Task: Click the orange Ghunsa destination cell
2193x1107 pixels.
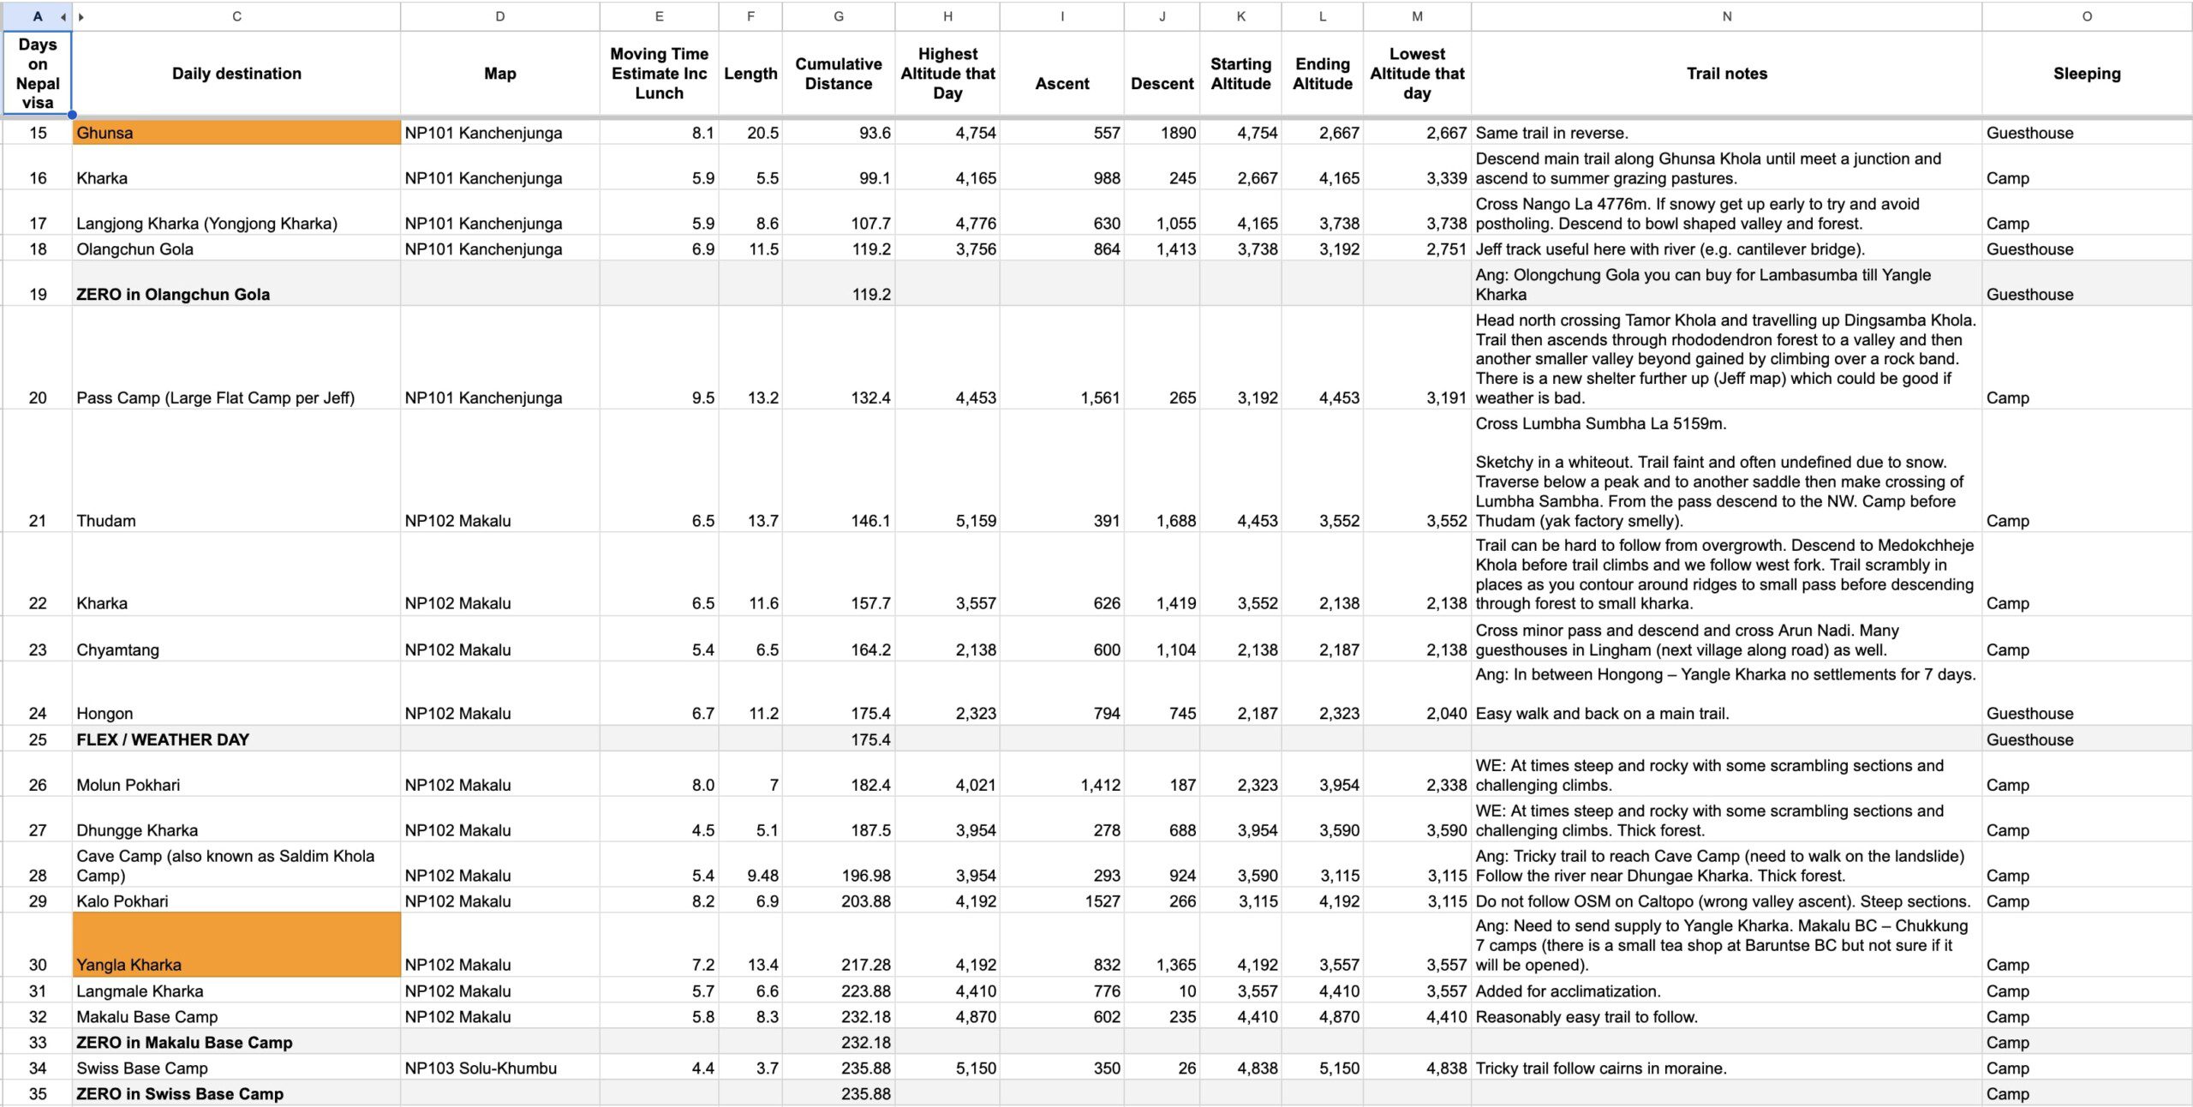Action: coord(236,133)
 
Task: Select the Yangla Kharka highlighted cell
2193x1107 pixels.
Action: coord(236,945)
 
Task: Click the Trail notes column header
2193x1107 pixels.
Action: coord(1726,74)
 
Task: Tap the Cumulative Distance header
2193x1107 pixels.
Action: coord(838,74)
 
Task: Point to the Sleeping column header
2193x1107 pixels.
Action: coord(2086,74)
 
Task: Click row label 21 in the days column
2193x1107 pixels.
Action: coord(38,521)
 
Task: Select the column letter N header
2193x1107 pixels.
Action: coord(1726,16)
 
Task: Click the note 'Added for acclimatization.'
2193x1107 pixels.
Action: coord(1568,991)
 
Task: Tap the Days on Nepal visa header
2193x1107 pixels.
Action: coord(38,74)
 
